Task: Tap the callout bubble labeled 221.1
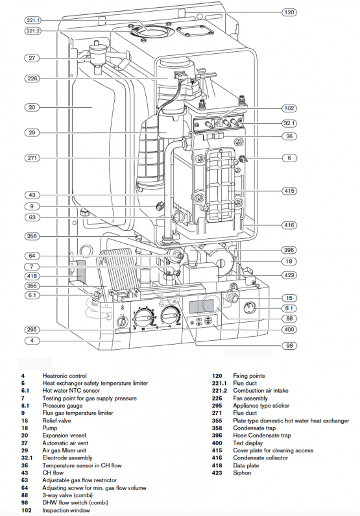[32, 20]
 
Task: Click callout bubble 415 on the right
[289, 191]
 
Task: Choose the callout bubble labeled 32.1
[289, 123]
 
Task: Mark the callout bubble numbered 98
[289, 346]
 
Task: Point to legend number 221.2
[221, 391]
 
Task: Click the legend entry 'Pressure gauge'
[64, 406]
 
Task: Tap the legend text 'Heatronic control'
[64, 376]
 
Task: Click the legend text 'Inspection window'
[66, 510]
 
